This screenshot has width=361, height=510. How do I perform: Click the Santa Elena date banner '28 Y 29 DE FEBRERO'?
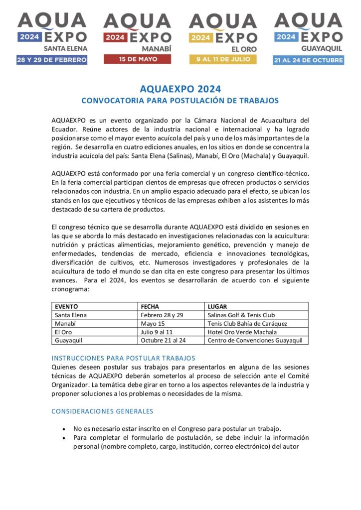pyautogui.click(x=52, y=60)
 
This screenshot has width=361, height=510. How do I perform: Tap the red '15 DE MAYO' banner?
pyautogui.click(x=137, y=59)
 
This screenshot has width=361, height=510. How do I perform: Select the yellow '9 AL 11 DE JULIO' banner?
pyautogui.click(x=223, y=59)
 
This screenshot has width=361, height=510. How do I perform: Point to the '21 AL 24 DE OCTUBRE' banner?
pyautogui.click(x=308, y=60)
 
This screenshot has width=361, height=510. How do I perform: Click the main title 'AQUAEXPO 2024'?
pyautogui.click(x=180, y=89)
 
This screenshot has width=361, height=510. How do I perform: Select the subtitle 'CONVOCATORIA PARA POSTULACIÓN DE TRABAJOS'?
pyautogui.click(x=180, y=100)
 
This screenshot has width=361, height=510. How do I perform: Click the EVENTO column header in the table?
pyautogui.click(x=66, y=307)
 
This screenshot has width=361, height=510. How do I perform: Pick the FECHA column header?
pyautogui.click(x=150, y=307)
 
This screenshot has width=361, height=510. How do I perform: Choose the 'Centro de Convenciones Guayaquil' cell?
pyautogui.click(x=256, y=341)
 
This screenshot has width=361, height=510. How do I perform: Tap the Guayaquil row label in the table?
pyautogui.click(x=68, y=341)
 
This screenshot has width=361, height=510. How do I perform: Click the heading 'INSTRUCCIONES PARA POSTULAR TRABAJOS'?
pyautogui.click(x=123, y=358)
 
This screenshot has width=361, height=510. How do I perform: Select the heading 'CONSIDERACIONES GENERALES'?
pyautogui.click(x=102, y=411)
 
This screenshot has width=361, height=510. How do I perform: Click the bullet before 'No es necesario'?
pyautogui.click(x=64, y=429)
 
